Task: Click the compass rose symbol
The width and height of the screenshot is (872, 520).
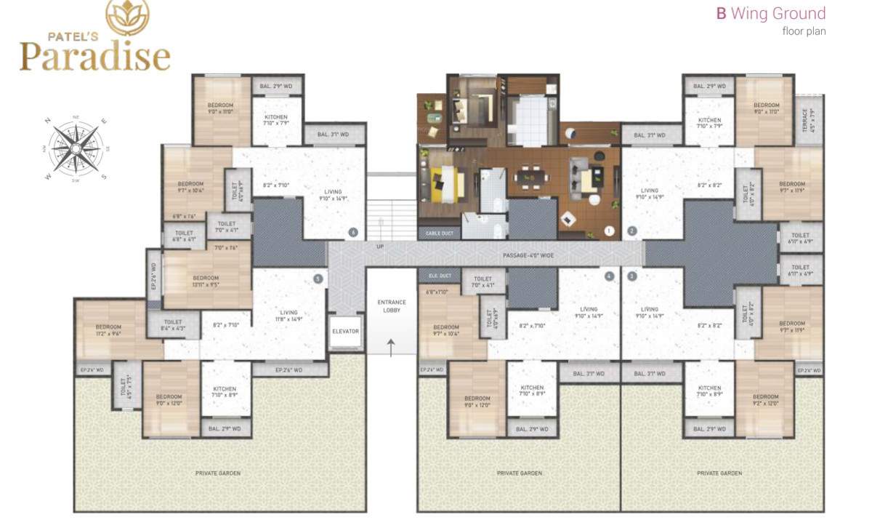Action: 75,148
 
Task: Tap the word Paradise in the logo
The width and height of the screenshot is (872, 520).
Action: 94,57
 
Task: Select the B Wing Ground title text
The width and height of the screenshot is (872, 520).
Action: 771,13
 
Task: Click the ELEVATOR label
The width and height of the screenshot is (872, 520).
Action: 345,331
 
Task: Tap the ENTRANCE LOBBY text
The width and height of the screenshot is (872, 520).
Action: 392,306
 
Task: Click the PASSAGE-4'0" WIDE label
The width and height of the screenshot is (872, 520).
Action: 528,255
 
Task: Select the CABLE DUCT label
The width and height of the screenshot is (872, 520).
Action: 438,234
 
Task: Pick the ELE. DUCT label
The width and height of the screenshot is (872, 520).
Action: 440,276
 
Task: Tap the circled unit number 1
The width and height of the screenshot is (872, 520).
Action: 609,231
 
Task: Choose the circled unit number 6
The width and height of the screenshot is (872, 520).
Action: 353,233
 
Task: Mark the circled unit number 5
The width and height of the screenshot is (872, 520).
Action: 318,278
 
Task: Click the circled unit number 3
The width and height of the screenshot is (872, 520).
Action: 632,276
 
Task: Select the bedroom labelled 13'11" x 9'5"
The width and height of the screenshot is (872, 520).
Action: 206,281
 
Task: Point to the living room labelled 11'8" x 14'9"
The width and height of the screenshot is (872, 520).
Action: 288,315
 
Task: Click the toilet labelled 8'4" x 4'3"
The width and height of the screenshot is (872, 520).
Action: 173,325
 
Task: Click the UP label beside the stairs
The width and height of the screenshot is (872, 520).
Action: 379,247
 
